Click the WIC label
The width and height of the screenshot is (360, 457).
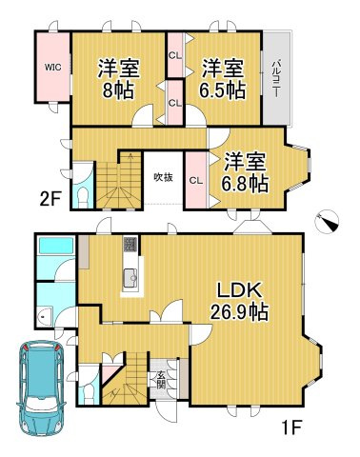click(50, 67)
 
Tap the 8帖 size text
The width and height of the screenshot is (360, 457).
click(119, 90)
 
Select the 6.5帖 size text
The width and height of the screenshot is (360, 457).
click(223, 90)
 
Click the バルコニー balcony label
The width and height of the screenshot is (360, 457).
click(275, 74)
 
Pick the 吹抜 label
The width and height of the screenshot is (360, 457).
click(163, 177)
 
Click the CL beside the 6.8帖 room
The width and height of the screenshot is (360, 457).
click(195, 179)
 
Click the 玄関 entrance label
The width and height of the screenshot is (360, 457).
click(161, 378)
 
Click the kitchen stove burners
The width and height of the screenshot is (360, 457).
click(130, 244)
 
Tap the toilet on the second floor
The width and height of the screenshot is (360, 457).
click(82, 193)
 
